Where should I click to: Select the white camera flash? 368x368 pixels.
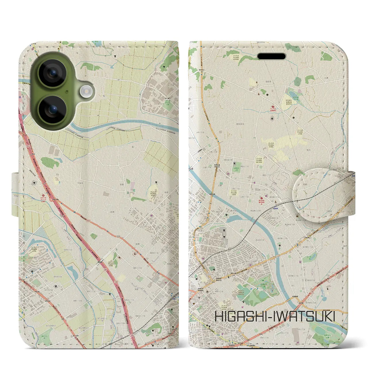coord(85,92)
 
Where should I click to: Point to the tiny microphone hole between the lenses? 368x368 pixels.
coord(67,91)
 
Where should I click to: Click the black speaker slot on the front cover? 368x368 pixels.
coord(271,56)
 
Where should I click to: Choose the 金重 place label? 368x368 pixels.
coord(122,184)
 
